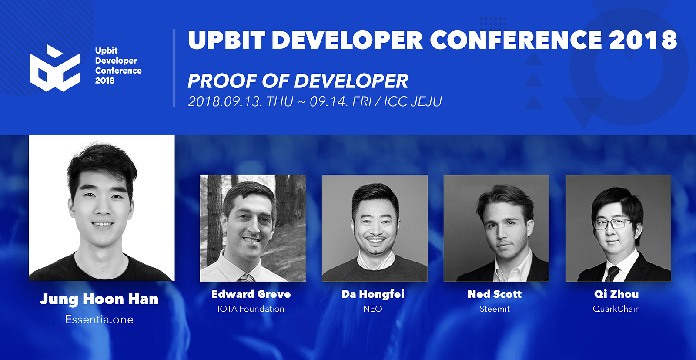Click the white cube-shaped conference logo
click(55, 68)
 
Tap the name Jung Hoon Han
click(99, 299)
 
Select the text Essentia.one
click(100, 320)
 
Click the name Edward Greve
click(251, 294)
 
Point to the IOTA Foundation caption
click(251, 309)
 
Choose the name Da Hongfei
click(373, 294)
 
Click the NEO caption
click(373, 309)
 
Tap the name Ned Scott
click(495, 294)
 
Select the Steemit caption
click(495, 309)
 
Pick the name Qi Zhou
click(616, 294)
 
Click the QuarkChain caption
click(616, 309)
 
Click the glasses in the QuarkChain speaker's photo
click(612, 224)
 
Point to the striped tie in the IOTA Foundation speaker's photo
click(246, 277)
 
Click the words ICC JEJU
click(413, 102)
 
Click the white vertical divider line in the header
click(174, 68)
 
